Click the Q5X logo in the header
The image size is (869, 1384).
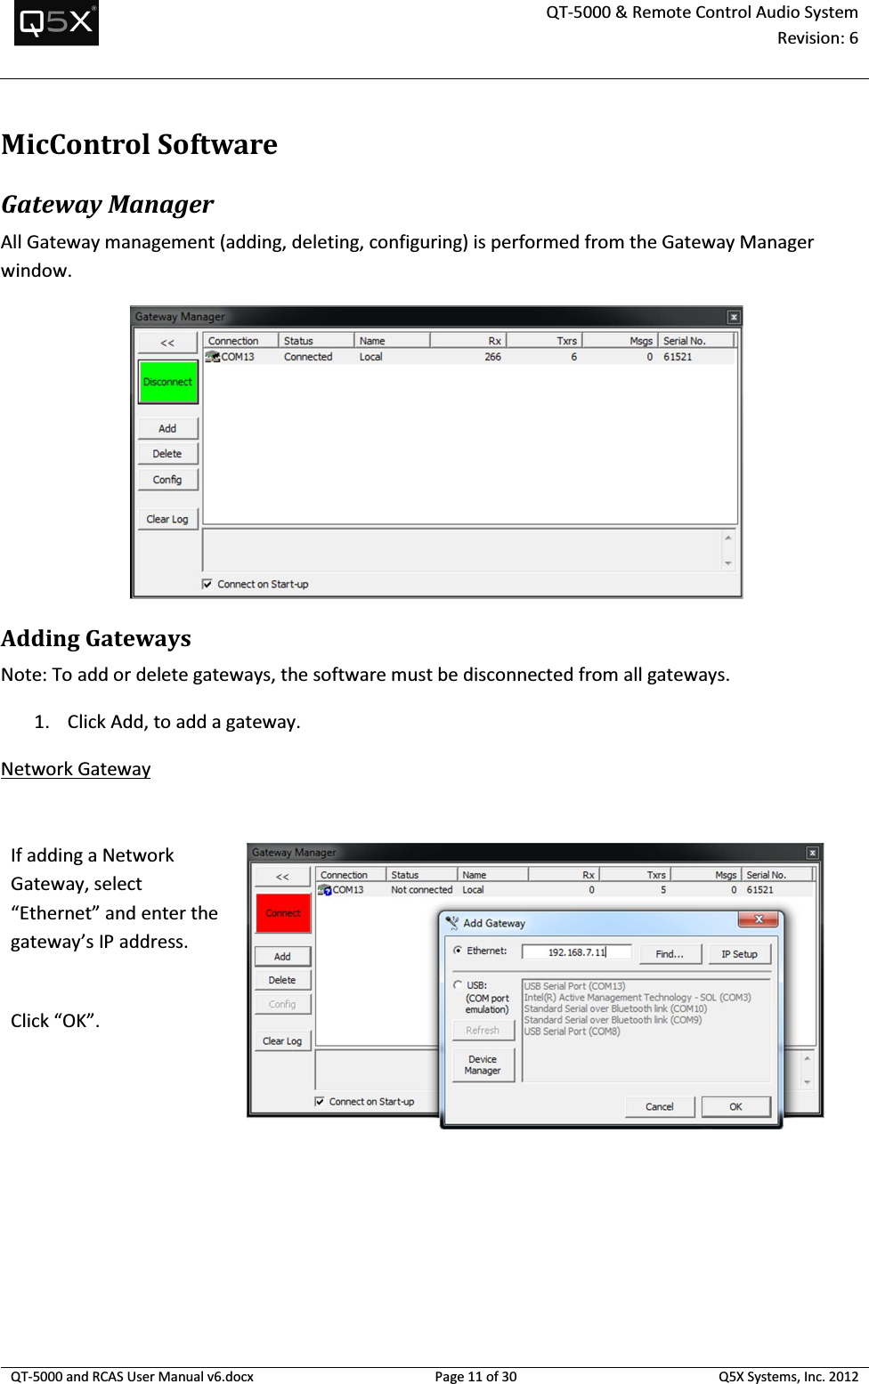[56, 23]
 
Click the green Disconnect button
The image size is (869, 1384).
[167, 382]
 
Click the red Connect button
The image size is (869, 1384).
[283, 913]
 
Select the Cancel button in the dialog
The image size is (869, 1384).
[659, 1106]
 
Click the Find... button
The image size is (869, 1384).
[670, 954]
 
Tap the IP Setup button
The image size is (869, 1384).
[739, 954]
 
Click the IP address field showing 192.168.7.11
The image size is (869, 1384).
[577, 952]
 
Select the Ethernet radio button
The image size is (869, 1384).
[458, 951]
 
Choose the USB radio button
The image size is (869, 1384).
[458, 985]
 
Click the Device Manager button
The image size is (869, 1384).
[483, 1065]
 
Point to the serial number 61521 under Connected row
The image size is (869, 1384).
[678, 357]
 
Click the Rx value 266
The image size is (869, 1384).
[492, 357]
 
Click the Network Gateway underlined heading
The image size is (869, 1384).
[76, 769]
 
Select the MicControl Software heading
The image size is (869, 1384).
[139, 144]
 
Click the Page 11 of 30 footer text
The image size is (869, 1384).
[475, 1376]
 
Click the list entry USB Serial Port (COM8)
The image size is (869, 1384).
[572, 1032]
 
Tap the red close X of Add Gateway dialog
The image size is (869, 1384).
[759, 919]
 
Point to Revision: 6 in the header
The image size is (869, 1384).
[817, 38]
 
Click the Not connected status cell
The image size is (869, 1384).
[421, 890]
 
